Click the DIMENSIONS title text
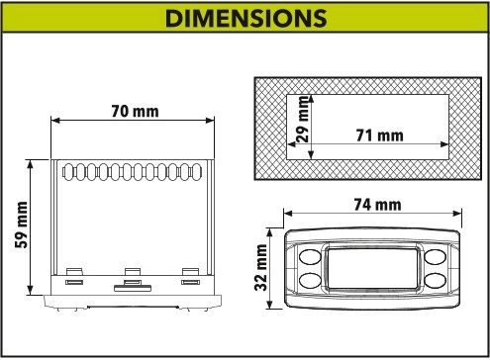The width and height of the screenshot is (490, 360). pyautogui.click(x=245, y=18)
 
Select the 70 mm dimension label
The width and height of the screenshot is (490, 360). pyautogui.click(x=135, y=111)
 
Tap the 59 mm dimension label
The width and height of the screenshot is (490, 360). pyautogui.click(x=22, y=225)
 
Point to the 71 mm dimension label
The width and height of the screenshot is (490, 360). pyautogui.click(x=379, y=135)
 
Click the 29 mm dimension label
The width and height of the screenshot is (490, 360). pyautogui.click(x=303, y=119)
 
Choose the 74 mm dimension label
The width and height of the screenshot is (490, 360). pyautogui.click(x=377, y=205)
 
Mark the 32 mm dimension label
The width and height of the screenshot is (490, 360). pyautogui.click(x=260, y=267)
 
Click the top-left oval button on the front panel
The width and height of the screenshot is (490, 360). pyautogui.click(x=310, y=257)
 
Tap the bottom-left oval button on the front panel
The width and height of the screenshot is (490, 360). pyautogui.click(x=310, y=280)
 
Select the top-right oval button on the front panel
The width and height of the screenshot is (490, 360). pyautogui.click(x=436, y=257)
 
